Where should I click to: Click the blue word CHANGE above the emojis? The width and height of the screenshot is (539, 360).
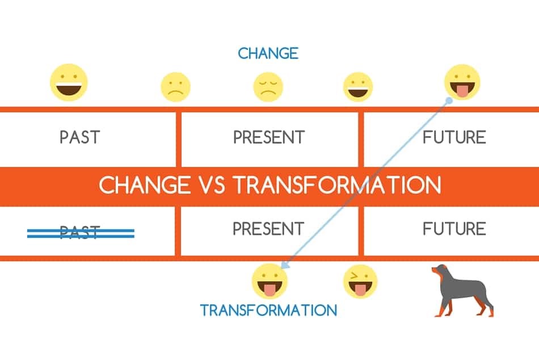click(268, 53)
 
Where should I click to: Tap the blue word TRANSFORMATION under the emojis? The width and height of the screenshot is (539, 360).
click(269, 310)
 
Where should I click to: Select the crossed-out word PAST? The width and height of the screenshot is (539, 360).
click(80, 232)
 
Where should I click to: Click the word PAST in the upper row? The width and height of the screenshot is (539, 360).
click(80, 137)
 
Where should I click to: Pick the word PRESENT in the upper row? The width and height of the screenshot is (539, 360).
click(269, 137)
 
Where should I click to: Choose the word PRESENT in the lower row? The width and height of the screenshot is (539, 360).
click(268, 228)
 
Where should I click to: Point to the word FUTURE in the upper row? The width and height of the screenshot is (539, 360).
click(454, 137)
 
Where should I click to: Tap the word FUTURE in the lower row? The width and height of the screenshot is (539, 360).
click(454, 228)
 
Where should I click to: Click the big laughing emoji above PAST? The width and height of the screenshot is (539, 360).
click(69, 82)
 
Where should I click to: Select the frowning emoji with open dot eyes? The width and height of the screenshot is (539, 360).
click(176, 87)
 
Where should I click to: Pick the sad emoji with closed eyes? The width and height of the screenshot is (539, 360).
click(268, 87)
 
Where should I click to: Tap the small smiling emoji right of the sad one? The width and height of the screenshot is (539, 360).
click(358, 87)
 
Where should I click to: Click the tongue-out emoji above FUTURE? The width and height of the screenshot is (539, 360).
click(462, 82)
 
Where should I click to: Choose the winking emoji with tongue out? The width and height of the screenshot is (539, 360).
click(360, 282)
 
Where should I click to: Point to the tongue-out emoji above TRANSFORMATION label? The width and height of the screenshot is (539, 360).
click(269, 281)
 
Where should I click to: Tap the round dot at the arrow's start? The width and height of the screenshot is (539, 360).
click(449, 101)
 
